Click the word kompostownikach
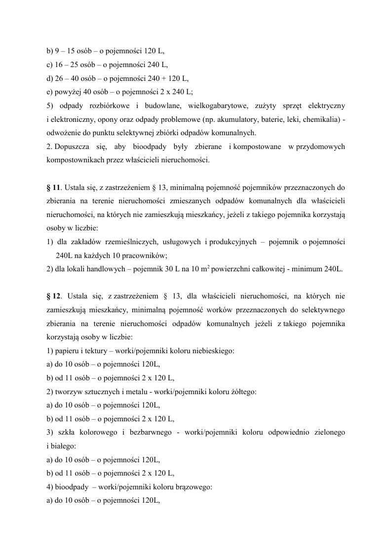pyautogui.click(x=73, y=160)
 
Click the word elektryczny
pyautogui.click(x=326, y=106)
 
